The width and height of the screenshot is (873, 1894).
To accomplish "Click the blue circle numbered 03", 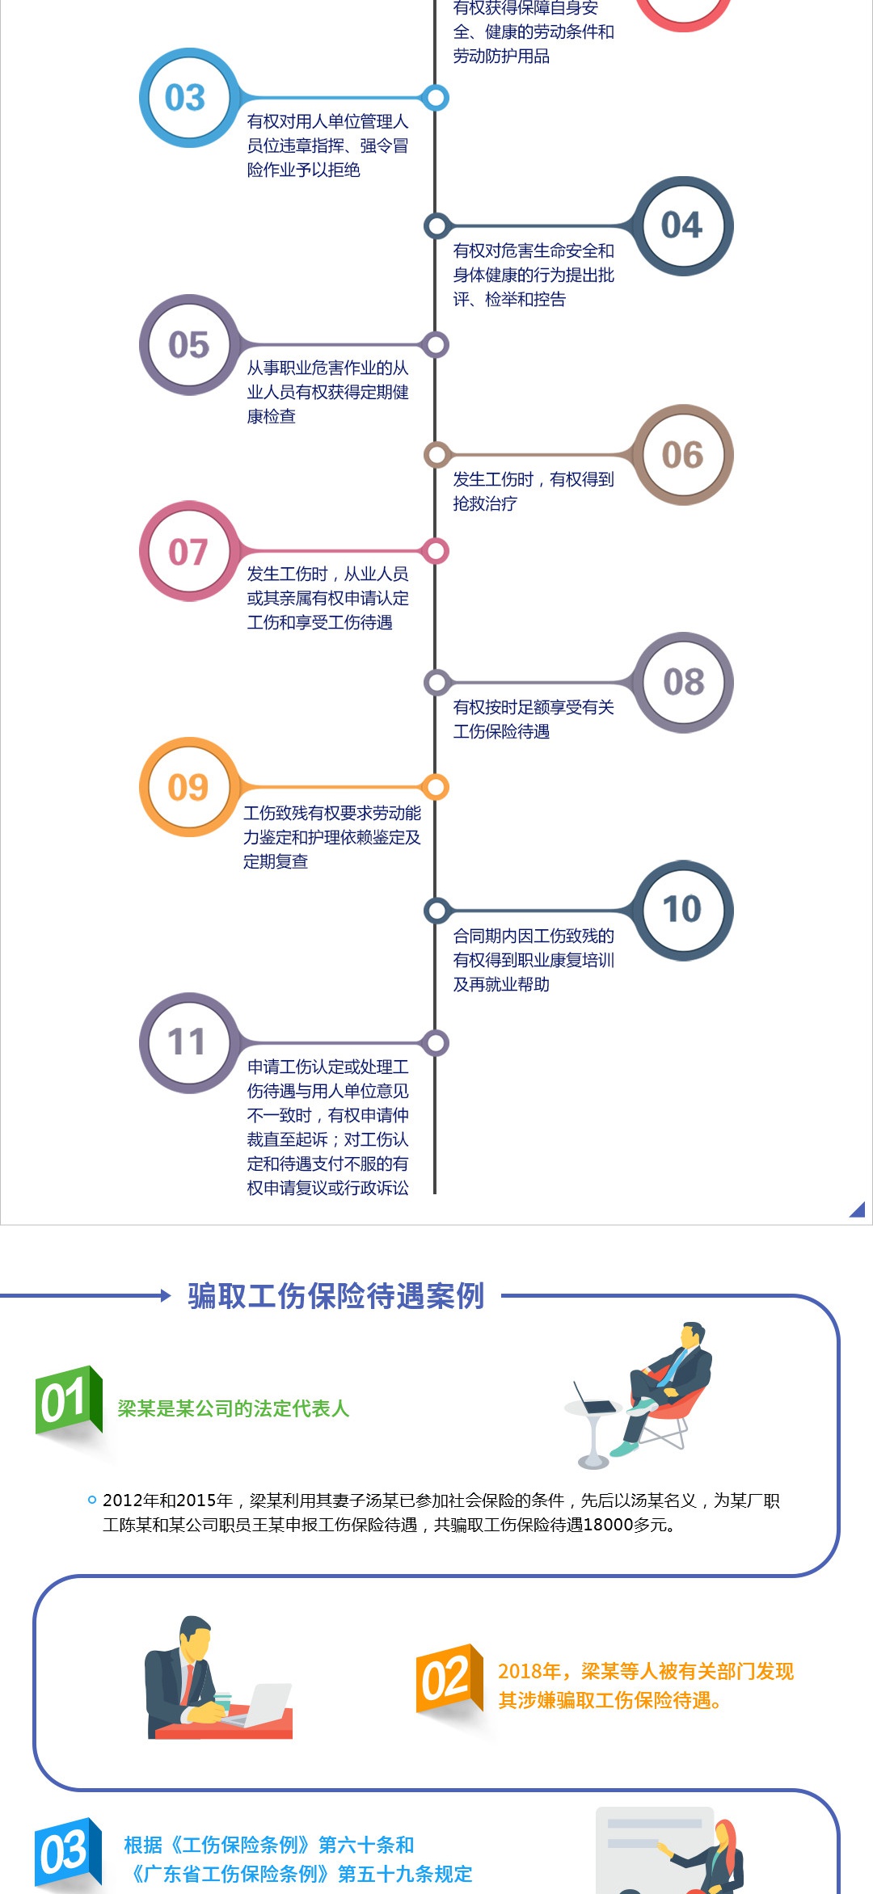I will [185, 98].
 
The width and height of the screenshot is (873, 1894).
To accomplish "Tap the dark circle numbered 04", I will [683, 225].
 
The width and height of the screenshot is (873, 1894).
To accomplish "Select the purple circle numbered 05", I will [188, 345].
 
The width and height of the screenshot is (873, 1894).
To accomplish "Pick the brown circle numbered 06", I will [683, 455].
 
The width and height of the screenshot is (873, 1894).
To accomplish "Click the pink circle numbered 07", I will [188, 552].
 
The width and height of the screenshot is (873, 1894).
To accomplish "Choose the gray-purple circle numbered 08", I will [683, 682].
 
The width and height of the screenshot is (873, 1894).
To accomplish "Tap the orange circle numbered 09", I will [188, 787].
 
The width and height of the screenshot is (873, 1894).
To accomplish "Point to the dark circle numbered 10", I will [683, 910].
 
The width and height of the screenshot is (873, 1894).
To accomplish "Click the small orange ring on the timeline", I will [436, 787].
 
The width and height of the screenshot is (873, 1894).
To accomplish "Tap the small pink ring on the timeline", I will [436, 552].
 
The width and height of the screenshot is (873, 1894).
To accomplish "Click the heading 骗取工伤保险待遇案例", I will [335, 1296].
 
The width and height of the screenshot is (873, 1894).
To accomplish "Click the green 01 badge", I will [66, 1401].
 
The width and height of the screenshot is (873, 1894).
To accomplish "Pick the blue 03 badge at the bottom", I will [66, 1852].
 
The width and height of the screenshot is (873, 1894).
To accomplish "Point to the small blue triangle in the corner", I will [858, 1210].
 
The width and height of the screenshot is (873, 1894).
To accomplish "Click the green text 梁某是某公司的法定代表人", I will [233, 1408].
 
